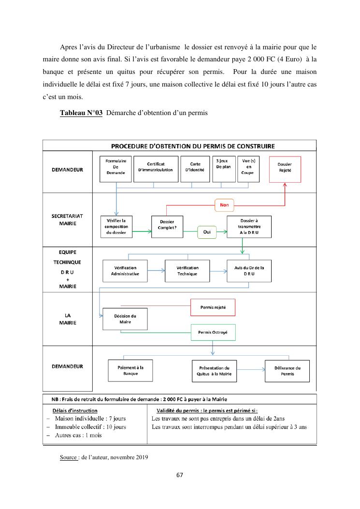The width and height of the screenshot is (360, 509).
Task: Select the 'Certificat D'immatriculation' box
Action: tap(155, 168)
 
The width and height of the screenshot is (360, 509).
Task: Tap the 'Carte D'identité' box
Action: tap(195, 168)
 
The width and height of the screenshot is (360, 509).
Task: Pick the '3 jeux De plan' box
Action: tap(223, 168)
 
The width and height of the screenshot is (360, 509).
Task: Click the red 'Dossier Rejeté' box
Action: tap(285, 168)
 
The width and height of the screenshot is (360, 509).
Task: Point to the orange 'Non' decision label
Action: tap(224, 205)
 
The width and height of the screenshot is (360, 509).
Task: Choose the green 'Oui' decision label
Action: tap(207, 232)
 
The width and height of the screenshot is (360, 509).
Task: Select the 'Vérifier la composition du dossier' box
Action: tap(116, 226)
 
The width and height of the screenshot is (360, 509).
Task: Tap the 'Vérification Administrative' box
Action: tap(125, 271)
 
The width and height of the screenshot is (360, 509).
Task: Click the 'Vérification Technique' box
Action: tap(187, 271)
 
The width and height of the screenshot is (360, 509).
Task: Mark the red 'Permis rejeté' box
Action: tap(213, 307)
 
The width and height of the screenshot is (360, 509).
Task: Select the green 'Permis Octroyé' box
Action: tap(213, 333)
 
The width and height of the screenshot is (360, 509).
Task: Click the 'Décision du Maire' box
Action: tap(125, 319)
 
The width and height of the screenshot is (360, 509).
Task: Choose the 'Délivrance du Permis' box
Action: tap(287, 371)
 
